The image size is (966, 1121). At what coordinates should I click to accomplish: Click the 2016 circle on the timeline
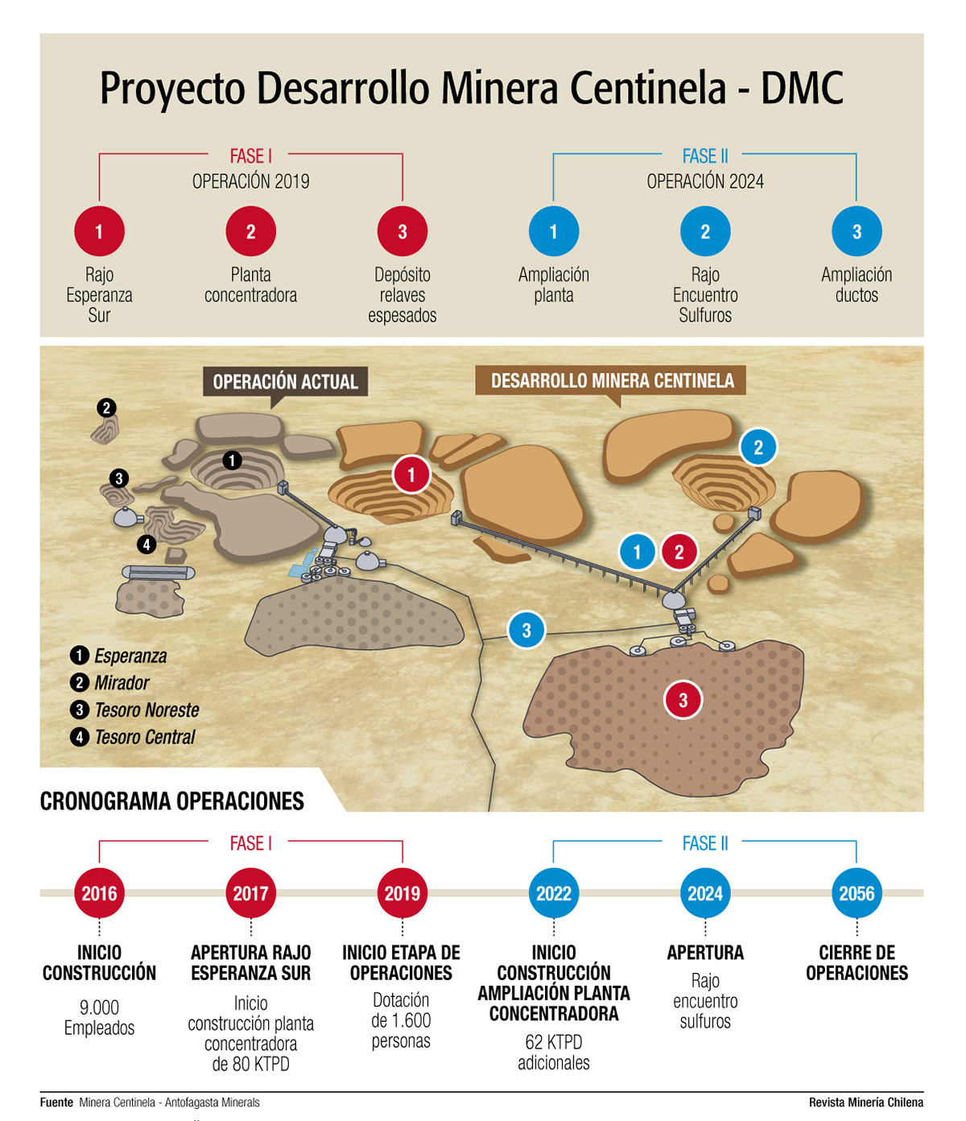(x=99, y=893)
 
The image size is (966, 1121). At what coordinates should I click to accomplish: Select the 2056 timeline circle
(x=857, y=893)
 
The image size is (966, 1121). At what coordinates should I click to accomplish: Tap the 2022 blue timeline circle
(x=554, y=893)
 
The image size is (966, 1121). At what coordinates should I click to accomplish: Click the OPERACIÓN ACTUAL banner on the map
(x=285, y=382)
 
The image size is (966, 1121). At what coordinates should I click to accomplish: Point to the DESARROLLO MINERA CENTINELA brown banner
(x=612, y=381)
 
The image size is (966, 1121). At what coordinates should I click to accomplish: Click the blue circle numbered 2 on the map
(x=758, y=447)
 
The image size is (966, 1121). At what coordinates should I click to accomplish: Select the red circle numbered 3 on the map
(x=683, y=700)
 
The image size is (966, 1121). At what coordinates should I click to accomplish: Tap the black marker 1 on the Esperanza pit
(x=232, y=461)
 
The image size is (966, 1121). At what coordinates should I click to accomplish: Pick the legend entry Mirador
(x=122, y=683)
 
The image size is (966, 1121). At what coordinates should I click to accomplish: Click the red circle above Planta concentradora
(x=250, y=232)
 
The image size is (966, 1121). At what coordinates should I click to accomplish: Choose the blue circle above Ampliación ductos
(x=857, y=232)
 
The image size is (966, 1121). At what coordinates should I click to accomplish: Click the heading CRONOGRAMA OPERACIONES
(x=172, y=801)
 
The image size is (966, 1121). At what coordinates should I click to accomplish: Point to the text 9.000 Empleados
(x=99, y=1017)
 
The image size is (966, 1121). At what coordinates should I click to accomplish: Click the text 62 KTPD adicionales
(x=554, y=1052)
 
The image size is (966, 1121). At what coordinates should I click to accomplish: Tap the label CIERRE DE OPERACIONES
(x=857, y=962)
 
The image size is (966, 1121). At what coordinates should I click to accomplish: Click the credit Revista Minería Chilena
(x=866, y=1102)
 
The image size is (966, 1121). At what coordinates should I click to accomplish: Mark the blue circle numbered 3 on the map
(x=526, y=631)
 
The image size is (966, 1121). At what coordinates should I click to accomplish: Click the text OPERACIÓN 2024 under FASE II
(x=705, y=181)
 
